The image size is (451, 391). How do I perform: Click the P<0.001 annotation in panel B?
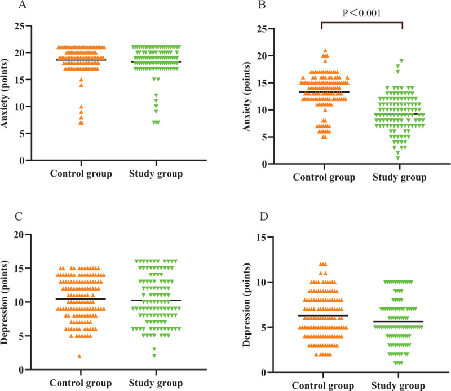point(362,12)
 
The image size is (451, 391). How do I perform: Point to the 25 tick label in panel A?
point(20,25)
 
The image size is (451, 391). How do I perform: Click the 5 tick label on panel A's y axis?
point(23,134)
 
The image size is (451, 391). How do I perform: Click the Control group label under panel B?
point(324,177)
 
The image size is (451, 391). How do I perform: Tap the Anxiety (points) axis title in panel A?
point(7,94)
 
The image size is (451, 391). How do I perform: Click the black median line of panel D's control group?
point(324,315)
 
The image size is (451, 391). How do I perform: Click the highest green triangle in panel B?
point(401,60)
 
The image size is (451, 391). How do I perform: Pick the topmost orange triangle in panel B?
point(325,51)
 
